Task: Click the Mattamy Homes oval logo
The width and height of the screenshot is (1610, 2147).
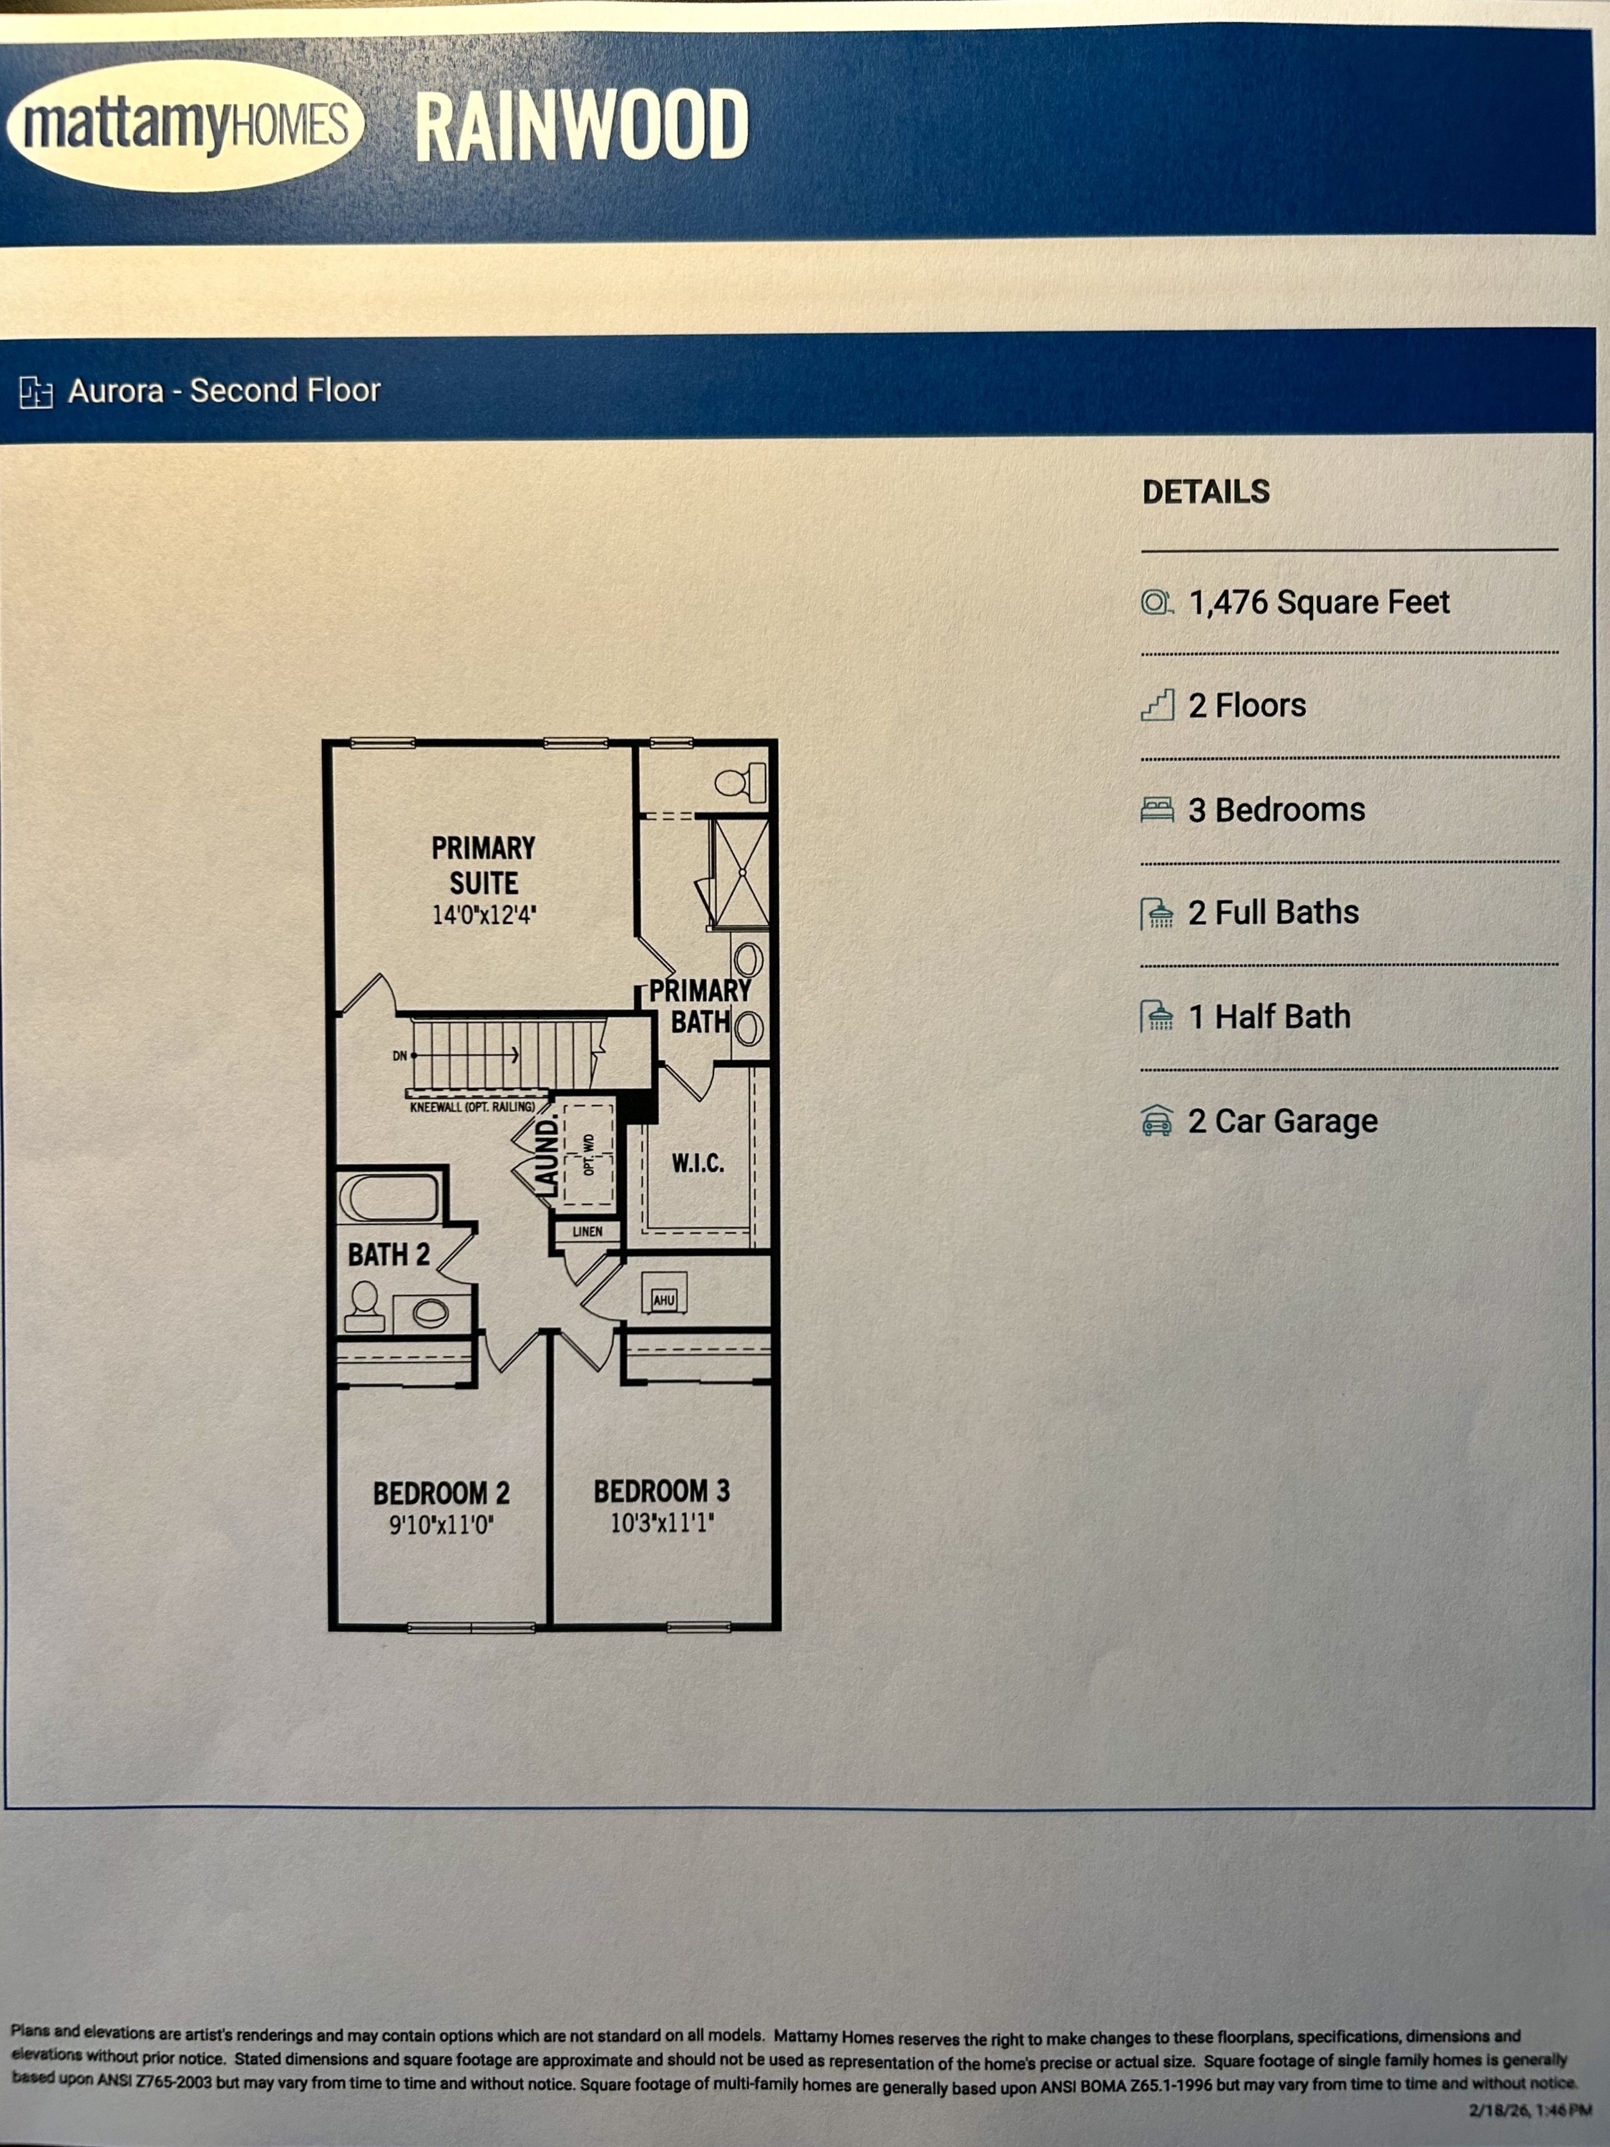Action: pos(185,125)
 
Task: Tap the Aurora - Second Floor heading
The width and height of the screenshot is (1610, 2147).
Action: pos(223,390)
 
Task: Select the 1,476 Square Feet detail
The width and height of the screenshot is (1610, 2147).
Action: pos(1318,602)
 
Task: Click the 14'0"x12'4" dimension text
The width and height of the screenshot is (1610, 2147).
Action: pos(483,915)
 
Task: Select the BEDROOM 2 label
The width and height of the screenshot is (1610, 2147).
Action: pos(441,1493)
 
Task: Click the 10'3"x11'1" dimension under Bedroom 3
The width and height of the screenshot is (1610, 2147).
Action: pos(662,1523)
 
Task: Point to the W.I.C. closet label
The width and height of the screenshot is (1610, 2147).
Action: pos(697,1163)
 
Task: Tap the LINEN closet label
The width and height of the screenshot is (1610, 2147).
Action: pos(587,1232)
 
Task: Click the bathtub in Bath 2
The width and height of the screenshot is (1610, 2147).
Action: pos(388,1197)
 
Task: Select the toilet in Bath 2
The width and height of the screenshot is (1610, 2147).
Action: pos(365,1306)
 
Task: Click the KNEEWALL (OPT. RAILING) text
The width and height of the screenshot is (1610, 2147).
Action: pos(472,1106)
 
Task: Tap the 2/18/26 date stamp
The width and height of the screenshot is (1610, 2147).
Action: pos(1529,2109)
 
